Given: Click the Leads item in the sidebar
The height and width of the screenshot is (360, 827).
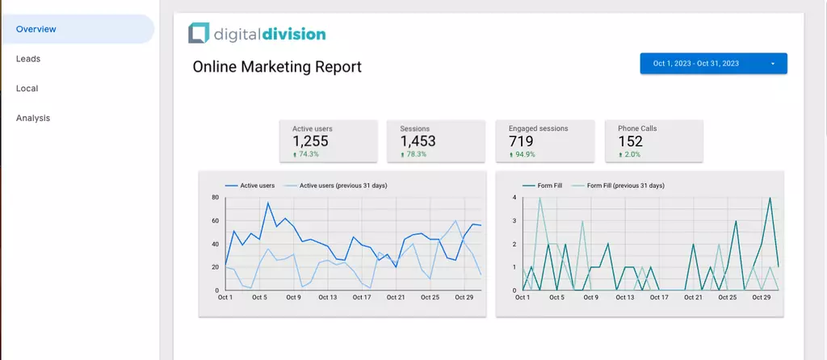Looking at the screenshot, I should pyautogui.click(x=28, y=59).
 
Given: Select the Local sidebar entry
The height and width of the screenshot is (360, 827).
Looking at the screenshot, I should pyautogui.click(x=27, y=89).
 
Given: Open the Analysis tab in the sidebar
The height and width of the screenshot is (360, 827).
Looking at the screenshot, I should pyautogui.click(x=33, y=118).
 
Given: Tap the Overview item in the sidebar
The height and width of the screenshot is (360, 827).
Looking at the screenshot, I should pyautogui.click(x=36, y=29).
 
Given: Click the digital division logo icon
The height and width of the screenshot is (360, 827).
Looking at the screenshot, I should pyautogui.click(x=198, y=33).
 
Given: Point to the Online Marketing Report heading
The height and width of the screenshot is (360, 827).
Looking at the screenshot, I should pyautogui.click(x=277, y=67).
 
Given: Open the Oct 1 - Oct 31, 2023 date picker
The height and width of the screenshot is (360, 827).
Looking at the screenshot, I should pyautogui.click(x=713, y=64).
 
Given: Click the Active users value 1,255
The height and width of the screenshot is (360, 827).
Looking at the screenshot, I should pyautogui.click(x=311, y=141).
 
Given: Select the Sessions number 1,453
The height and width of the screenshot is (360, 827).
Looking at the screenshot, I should pyautogui.click(x=418, y=141).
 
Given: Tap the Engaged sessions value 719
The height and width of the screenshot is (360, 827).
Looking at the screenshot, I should pyautogui.click(x=521, y=141).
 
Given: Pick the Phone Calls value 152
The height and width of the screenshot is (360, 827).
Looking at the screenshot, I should pyautogui.click(x=630, y=141).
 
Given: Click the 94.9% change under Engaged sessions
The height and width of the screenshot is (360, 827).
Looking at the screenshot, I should pyautogui.click(x=524, y=154).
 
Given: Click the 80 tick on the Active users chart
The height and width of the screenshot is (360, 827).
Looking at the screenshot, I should pyautogui.click(x=216, y=197).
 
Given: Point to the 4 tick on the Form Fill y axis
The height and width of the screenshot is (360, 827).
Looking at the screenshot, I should pyautogui.click(x=514, y=197).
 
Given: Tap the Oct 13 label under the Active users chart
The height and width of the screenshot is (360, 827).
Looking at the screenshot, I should pyautogui.click(x=327, y=297).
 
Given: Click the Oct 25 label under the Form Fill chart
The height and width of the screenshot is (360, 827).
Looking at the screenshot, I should pyautogui.click(x=728, y=297).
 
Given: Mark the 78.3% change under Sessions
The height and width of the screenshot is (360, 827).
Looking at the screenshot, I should pyautogui.click(x=417, y=154).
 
